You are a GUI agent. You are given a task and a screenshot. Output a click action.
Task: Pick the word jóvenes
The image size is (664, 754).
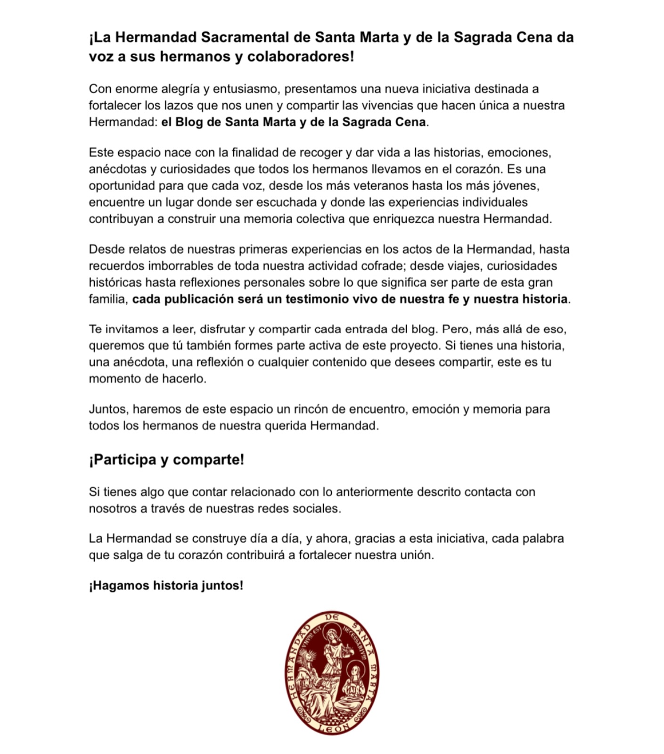(x=515, y=186)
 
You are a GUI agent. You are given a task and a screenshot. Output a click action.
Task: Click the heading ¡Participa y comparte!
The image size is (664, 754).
(x=166, y=460)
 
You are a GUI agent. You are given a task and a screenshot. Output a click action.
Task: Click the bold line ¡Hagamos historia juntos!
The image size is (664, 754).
(x=166, y=586)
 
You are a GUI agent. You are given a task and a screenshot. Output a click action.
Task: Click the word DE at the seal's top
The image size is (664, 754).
(x=333, y=618)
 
